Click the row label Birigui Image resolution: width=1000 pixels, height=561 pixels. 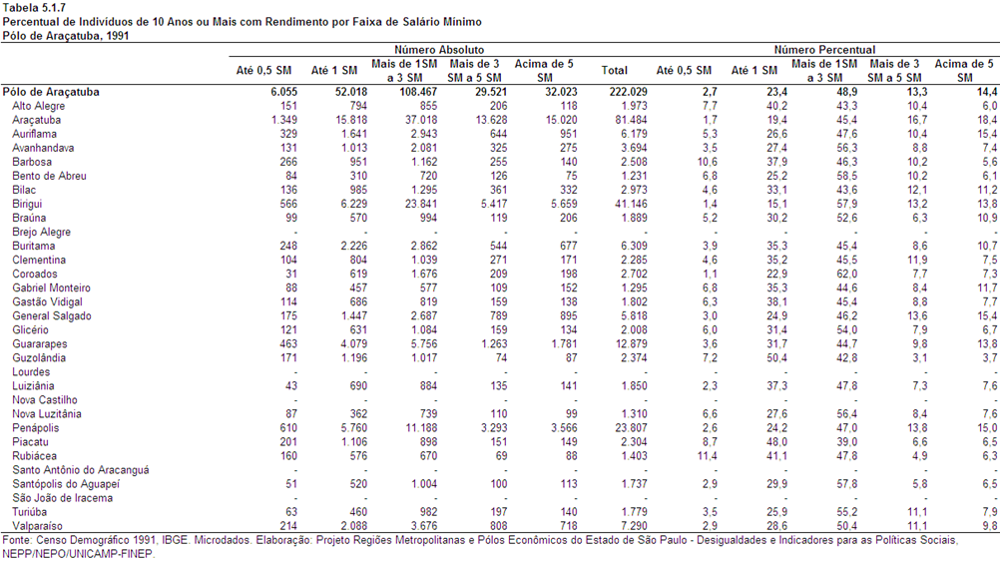tap(27, 205)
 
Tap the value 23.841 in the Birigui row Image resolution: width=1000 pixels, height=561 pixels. tap(419, 205)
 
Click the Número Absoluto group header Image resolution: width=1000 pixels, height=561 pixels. tap(439, 50)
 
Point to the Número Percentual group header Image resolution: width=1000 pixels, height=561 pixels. tap(824, 50)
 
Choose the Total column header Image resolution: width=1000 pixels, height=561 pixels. tap(614, 70)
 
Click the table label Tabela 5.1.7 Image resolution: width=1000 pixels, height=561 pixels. tap(34, 8)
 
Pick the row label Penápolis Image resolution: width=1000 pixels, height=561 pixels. tap(36, 428)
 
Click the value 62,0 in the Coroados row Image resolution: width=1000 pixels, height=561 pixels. tap(847, 275)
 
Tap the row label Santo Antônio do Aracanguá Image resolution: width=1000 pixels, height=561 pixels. tap(81, 470)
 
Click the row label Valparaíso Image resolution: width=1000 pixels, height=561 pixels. tap(38, 526)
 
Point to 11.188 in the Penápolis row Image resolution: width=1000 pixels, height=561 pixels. tap(419, 428)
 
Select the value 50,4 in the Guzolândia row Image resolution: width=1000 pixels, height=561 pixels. tap(776, 358)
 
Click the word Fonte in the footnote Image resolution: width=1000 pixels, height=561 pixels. tap(15, 541)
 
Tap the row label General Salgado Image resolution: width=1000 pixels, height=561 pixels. tap(52, 316)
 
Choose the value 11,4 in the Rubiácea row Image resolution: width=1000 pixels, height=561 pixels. tap(707, 456)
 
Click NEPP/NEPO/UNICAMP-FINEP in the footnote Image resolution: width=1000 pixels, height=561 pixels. tap(79, 554)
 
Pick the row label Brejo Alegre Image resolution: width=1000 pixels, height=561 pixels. tap(42, 233)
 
